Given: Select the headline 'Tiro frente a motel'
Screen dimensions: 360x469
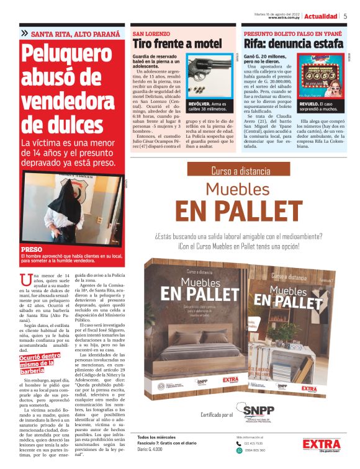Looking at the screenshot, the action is point(177,44).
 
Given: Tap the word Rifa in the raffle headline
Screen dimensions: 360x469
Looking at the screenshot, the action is point(256,44).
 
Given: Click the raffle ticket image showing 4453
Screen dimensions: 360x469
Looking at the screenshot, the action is point(322,75).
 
